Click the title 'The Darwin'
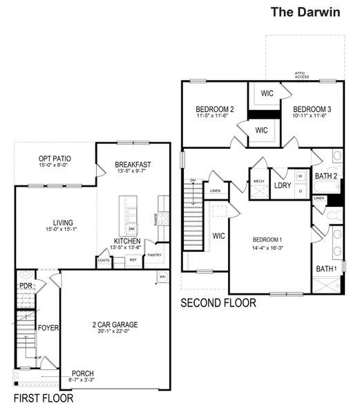pyautogui.click(x=305, y=11)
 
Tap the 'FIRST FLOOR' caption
pyautogui.click(x=44, y=398)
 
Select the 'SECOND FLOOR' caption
pyautogui.click(x=218, y=303)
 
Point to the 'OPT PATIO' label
pyautogui.click(x=55, y=159)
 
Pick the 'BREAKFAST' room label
pyautogui.click(x=133, y=165)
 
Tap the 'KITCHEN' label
pyautogui.click(x=127, y=241)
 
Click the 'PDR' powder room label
pyautogui.click(x=26, y=285)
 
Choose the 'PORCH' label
pyautogui.click(x=82, y=373)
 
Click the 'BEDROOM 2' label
pyautogui.click(x=214, y=109)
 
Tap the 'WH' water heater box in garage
pyautogui.click(x=162, y=277)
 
